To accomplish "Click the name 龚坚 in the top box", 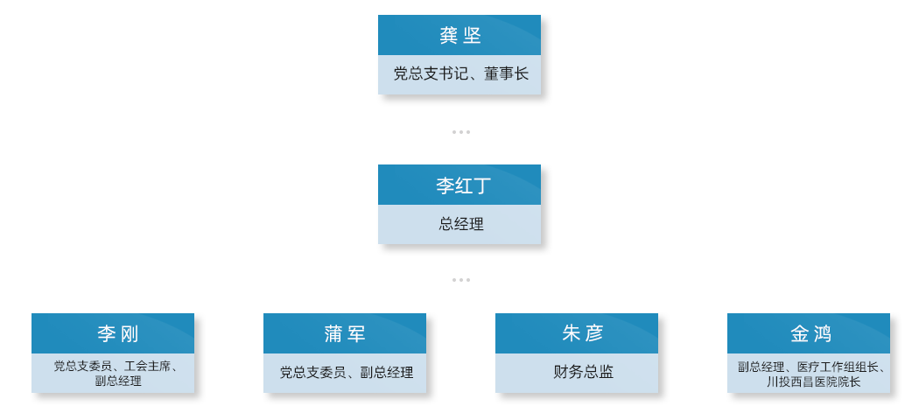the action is [x=460, y=36].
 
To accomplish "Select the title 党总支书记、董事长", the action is [x=460, y=73].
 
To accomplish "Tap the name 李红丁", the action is [x=460, y=185].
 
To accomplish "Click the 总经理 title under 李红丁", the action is [x=461, y=224].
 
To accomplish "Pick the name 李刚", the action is [x=118, y=334].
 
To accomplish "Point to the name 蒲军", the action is [x=345, y=334].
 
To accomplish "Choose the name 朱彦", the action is [x=582, y=334].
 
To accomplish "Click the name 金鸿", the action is [x=810, y=334].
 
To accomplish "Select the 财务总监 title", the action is [x=583, y=372].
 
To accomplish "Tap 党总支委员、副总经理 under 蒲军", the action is [x=347, y=372].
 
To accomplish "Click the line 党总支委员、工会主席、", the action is [x=116, y=367].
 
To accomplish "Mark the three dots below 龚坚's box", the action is [x=461, y=132].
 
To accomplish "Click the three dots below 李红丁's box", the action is [x=461, y=280].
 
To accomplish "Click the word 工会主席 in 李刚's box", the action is [x=146, y=367].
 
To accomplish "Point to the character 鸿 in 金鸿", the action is [x=822, y=334].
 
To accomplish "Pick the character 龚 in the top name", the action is [x=449, y=36].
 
